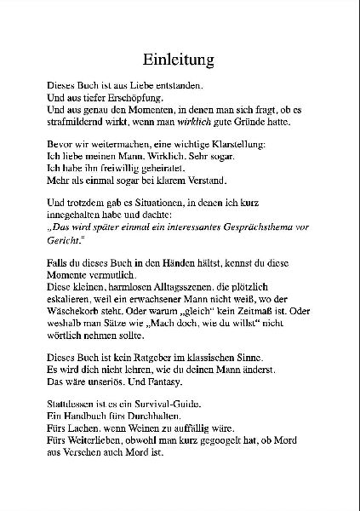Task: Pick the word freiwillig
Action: coord(117,169)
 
